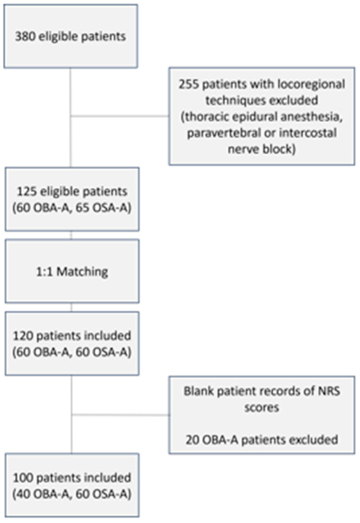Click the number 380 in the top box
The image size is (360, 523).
pyautogui.click(x=25, y=36)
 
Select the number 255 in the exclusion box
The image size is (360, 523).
pyautogui.click(x=188, y=84)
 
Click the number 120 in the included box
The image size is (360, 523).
pyautogui.click(x=23, y=335)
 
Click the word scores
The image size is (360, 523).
pyautogui.click(x=262, y=407)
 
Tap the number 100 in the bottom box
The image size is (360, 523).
pyautogui.click(x=23, y=478)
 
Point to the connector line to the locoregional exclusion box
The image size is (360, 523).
pyautogui.click(x=120, y=116)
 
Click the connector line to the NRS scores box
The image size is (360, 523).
pyautogui.click(x=121, y=415)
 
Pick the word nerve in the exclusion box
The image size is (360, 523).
pyautogui.click(x=242, y=149)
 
